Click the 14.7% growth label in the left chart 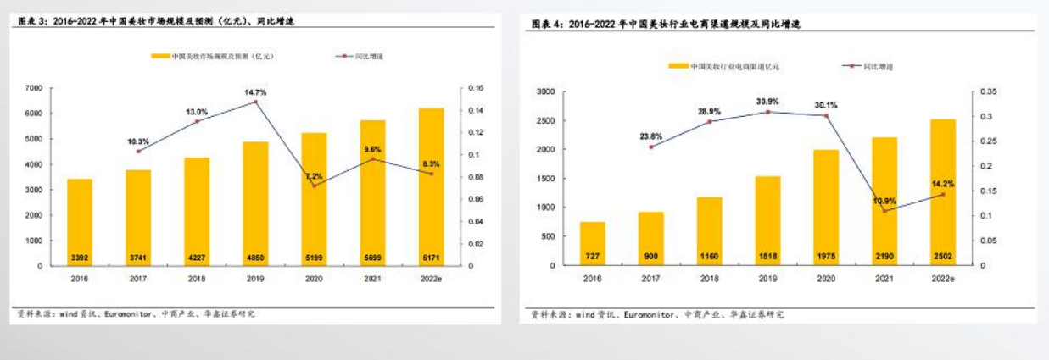click(255, 91)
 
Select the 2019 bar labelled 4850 click(255, 203)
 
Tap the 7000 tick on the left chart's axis click(34, 88)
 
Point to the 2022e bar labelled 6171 click(431, 186)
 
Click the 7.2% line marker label click(314, 176)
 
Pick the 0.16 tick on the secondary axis click(475, 88)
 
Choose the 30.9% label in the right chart click(767, 102)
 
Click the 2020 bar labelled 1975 click(826, 208)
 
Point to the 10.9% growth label click(884, 201)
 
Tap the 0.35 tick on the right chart click(988, 91)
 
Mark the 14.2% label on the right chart click(943, 184)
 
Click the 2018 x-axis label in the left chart click(197, 277)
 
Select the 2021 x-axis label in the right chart click(884, 277)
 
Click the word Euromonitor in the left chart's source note click(129, 313)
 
